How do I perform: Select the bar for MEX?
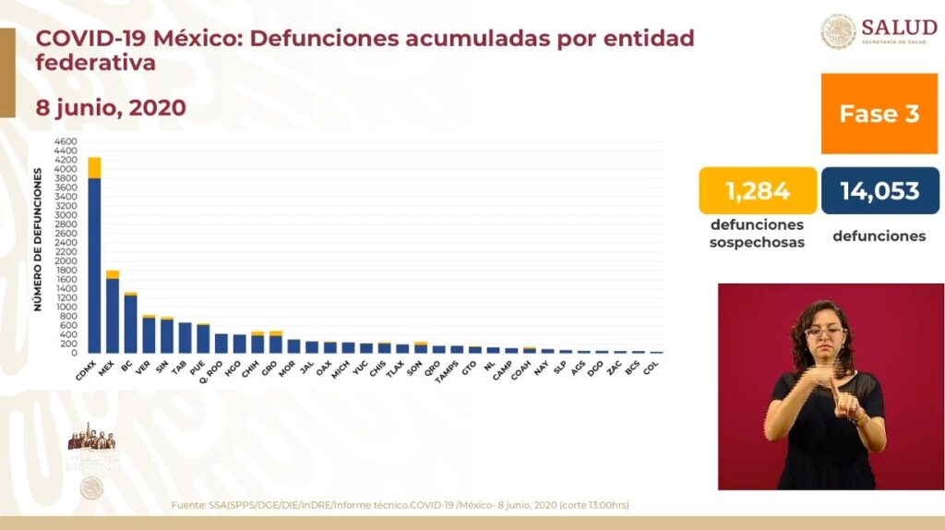(x=113, y=314)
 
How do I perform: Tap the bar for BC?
(x=130, y=323)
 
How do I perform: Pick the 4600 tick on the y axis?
(x=65, y=142)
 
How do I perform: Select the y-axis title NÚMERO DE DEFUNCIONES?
(x=38, y=238)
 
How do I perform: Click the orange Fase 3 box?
(x=879, y=114)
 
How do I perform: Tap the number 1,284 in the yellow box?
(x=757, y=191)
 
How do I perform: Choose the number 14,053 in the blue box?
(x=879, y=191)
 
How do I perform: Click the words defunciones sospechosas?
(x=756, y=234)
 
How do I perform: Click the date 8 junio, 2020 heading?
(x=111, y=108)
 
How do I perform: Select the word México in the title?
(x=191, y=39)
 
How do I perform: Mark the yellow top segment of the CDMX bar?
(x=94, y=167)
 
